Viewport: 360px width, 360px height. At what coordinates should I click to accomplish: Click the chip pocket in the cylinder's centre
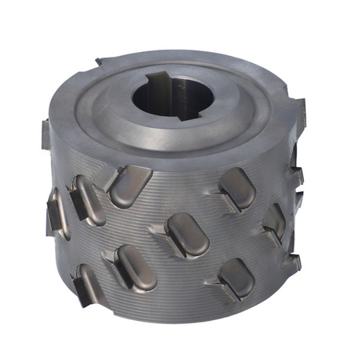(185, 232)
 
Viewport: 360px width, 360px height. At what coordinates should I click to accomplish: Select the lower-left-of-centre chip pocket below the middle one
(131, 264)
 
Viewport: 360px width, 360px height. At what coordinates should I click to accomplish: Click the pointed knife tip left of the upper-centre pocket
(105, 189)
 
